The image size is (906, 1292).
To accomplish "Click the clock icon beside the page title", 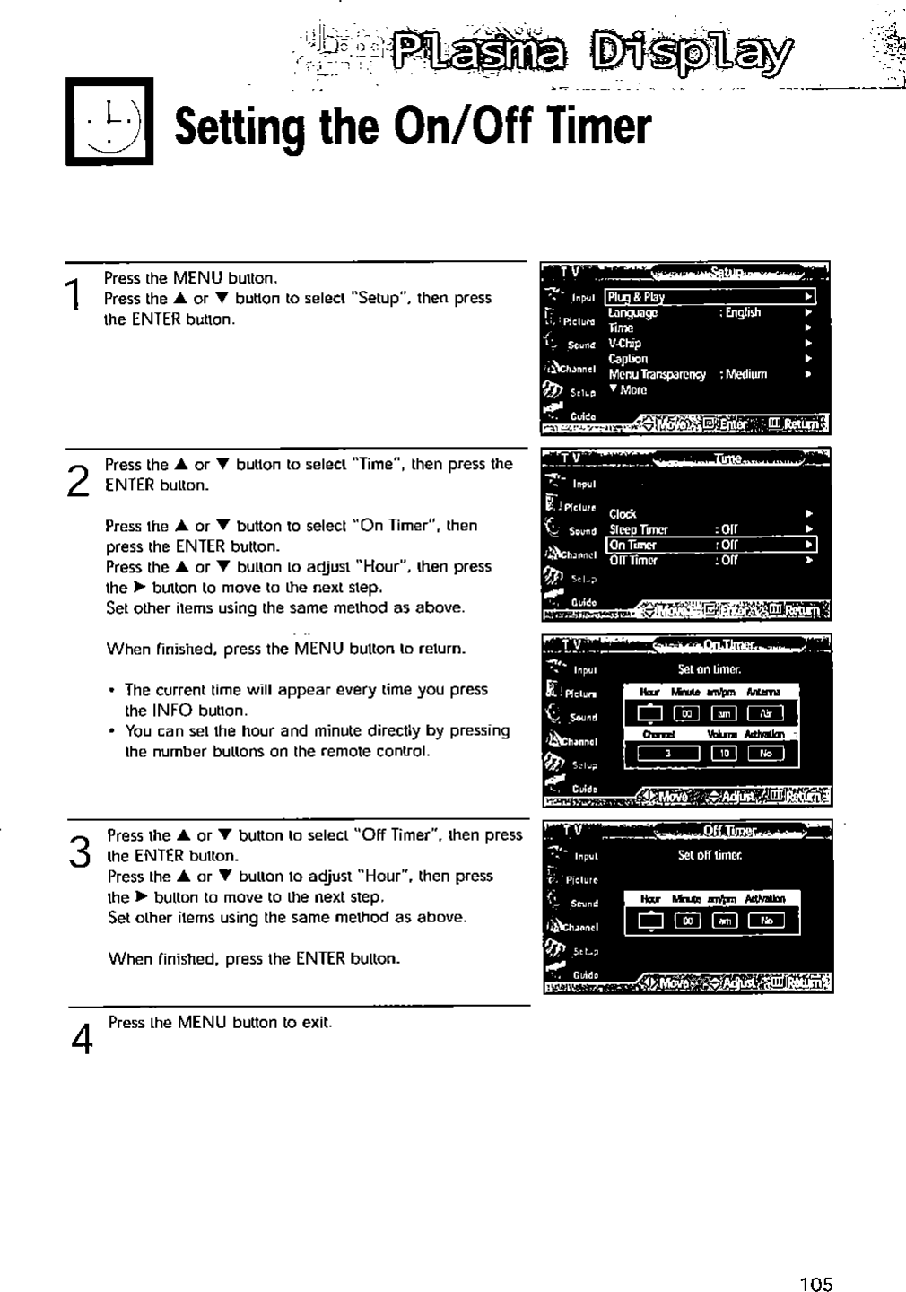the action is [109, 122].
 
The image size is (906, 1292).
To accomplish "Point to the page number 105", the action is [815, 1283].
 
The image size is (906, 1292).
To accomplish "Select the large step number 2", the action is [79, 482].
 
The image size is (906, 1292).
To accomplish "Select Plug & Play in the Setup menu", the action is [636, 297].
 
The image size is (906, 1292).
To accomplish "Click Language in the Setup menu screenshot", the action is [632, 312].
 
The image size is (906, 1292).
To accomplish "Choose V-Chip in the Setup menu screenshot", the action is [625, 343].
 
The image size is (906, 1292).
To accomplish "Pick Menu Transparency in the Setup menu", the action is [658, 374].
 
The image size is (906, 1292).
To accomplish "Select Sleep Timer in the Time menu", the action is [639, 529].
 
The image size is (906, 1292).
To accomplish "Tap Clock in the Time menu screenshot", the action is [623, 514].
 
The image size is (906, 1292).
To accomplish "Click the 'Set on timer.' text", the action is [709, 668].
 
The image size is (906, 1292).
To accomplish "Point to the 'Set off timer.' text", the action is [710, 855].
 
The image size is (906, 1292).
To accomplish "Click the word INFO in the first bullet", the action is [168, 710].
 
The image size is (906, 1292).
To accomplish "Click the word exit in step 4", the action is [317, 1022].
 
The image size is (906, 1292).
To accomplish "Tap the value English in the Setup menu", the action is [743, 312].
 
